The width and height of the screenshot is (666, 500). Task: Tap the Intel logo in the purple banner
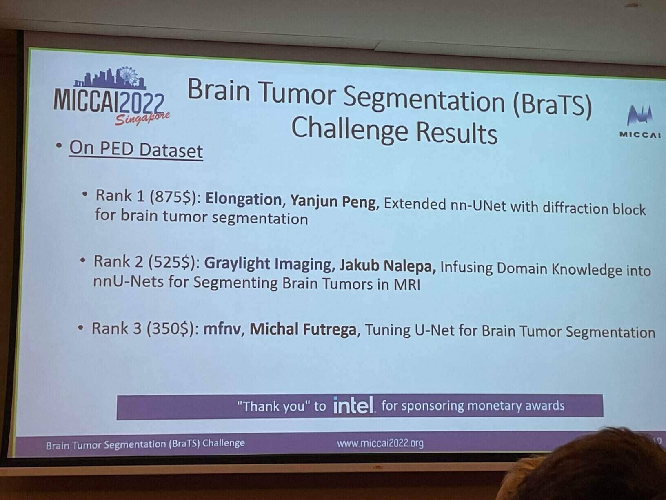click(x=353, y=405)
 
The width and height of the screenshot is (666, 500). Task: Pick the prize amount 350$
click(x=170, y=329)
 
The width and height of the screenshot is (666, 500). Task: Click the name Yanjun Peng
click(x=333, y=202)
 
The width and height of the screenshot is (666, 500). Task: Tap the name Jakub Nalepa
click(x=387, y=266)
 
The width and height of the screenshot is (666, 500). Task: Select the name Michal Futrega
click(x=303, y=329)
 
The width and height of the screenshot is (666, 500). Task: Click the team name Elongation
click(x=244, y=199)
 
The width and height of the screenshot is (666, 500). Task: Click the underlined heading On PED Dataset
click(x=136, y=150)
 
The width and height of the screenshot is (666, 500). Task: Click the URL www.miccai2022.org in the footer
click(x=380, y=444)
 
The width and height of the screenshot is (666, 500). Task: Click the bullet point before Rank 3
click(x=80, y=328)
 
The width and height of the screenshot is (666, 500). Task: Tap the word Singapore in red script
click(x=142, y=119)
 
